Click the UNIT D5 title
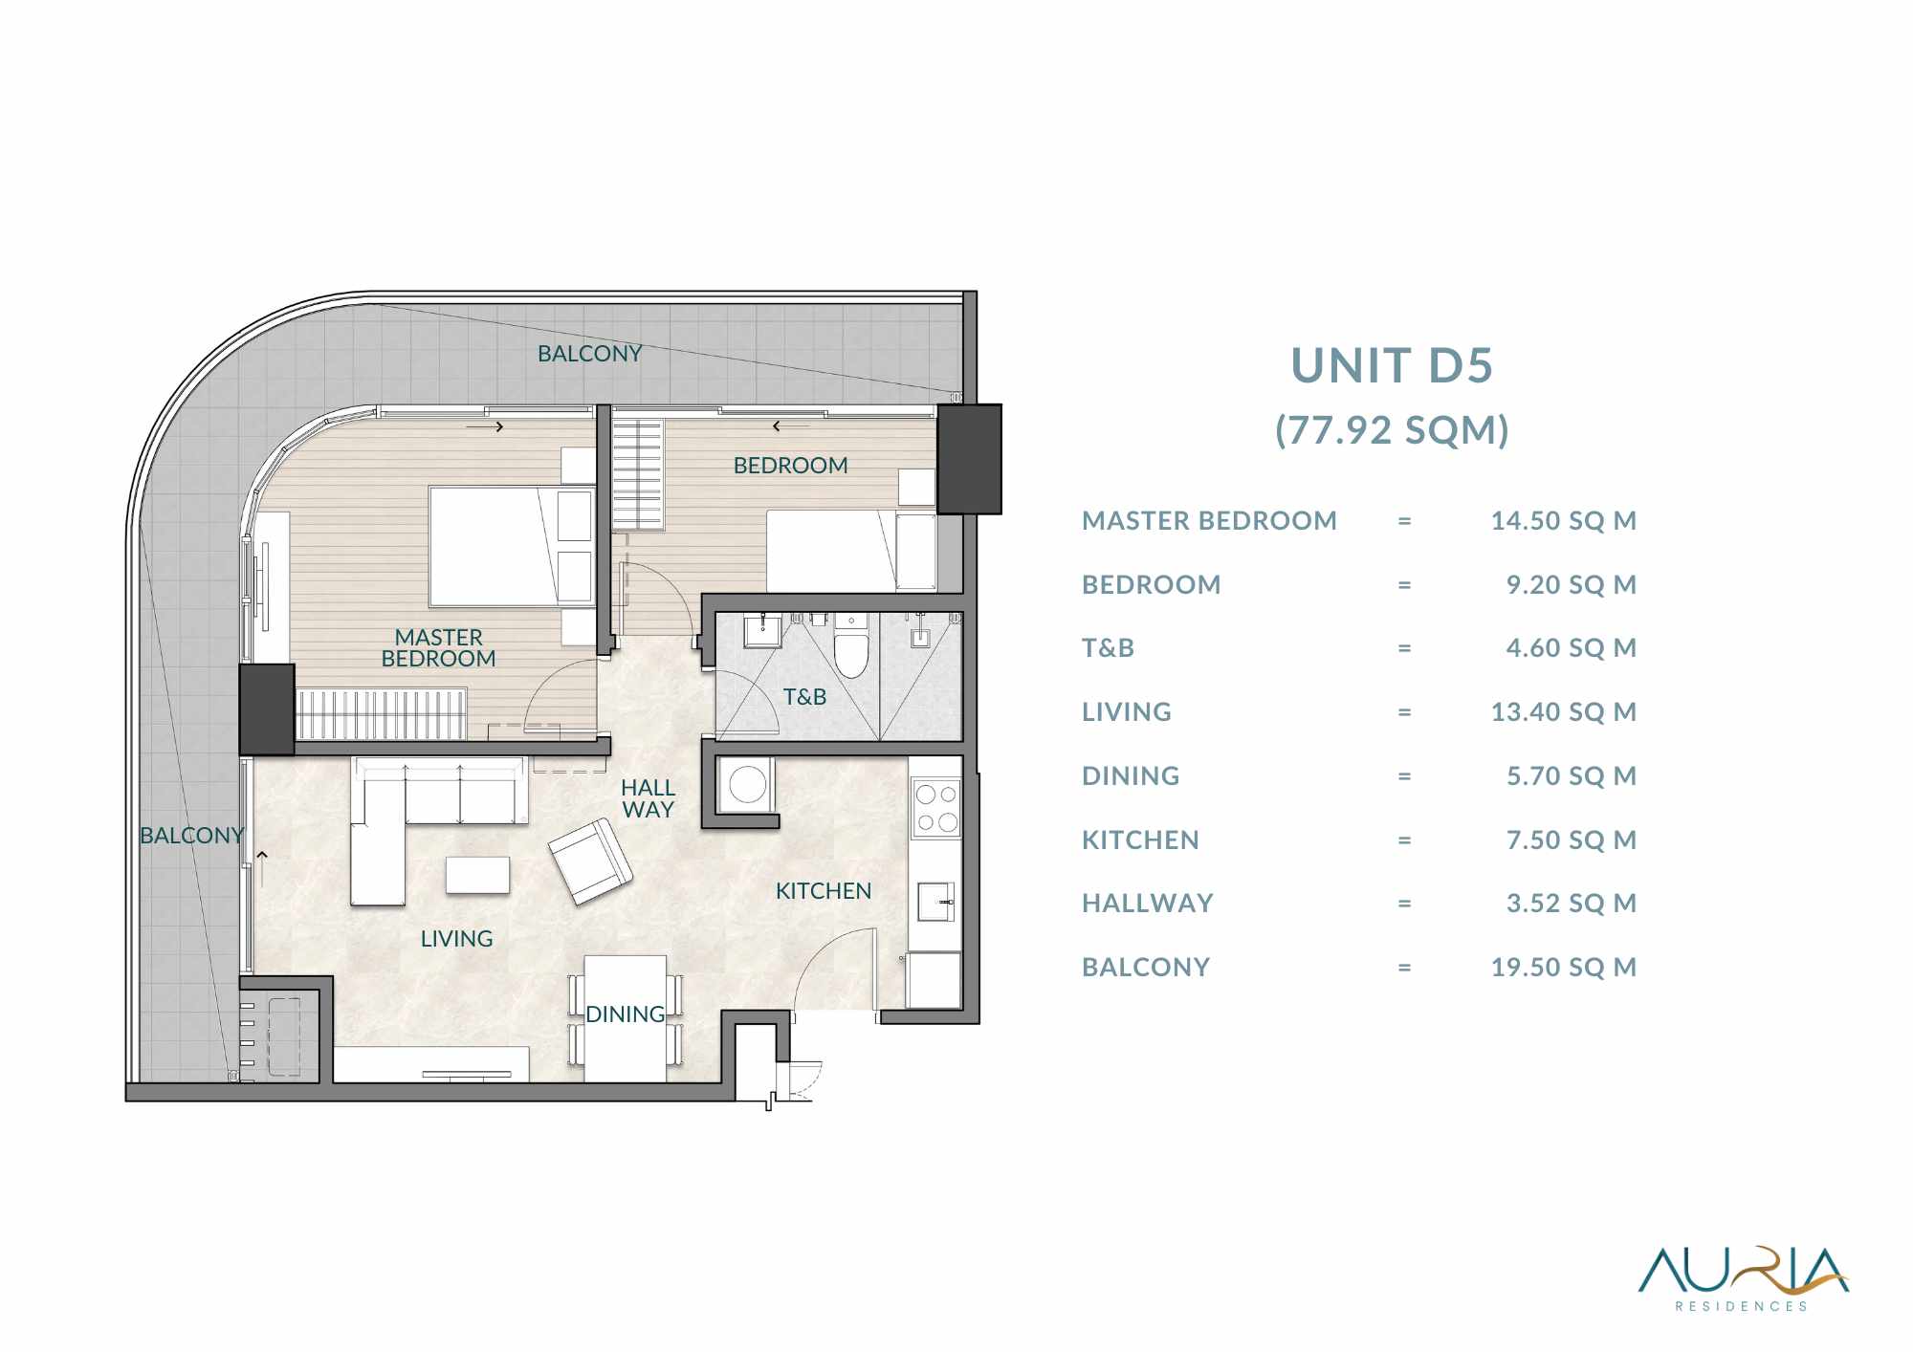click(1392, 365)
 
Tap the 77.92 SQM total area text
click(1392, 430)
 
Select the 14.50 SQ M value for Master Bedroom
click(1564, 521)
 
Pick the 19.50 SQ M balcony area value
click(1564, 968)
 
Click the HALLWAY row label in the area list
click(1148, 904)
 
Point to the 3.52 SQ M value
click(1572, 904)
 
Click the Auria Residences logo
click(1743, 1279)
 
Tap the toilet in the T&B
click(851, 645)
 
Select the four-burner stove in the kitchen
click(936, 808)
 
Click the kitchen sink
click(936, 902)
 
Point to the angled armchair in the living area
click(590, 861)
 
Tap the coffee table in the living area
click(477, 875)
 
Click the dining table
click(626, 1018)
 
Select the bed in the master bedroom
click(512, 546)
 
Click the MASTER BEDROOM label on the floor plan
click(439, 648)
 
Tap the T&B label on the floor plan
click(804, 697)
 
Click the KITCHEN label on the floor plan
click(824, 891)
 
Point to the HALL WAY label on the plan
click(648, 798)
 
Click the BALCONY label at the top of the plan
click(589, 354)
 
